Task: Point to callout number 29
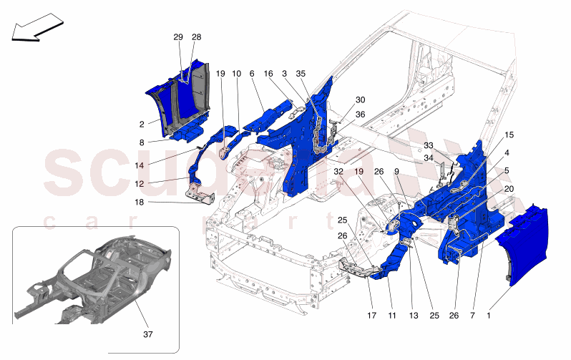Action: [178, 37]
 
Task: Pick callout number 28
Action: [196, 37]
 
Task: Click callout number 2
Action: [143, 124]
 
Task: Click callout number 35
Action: [301, 74]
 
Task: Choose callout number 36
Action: [360, 115]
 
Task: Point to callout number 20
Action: [509, 188]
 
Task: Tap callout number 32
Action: [338, 172]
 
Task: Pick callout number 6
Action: [252, 74]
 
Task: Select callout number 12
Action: [140, 184]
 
